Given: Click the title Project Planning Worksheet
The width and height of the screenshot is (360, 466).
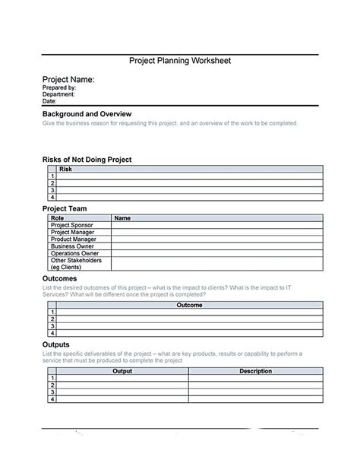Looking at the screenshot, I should (x=179, y=61).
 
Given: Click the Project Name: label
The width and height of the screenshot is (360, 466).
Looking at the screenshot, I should (x=68, y=79).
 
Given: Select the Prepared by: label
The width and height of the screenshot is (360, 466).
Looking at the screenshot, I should (x=59, y=87).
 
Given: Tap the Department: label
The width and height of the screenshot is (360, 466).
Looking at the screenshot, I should (x=58, y=94).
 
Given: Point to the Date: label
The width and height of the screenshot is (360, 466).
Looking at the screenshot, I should (x=49, y=101).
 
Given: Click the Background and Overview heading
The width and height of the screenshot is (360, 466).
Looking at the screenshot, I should (x=87, y=113).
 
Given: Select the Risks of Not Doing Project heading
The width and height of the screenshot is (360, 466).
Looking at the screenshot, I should (x=87, y=160).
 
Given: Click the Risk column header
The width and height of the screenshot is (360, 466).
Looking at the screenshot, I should (x=65, y=169).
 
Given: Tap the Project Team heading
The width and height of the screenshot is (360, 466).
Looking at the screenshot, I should (x=65, y=208).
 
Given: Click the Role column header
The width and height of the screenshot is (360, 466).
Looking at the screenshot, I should (x=57, y=218).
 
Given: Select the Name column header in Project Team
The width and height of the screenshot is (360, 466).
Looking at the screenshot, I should (x=122, y=218).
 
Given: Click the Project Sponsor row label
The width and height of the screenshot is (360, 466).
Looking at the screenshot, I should (x=71, y=225).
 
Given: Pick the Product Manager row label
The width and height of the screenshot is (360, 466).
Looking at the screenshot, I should (x=73, y=239).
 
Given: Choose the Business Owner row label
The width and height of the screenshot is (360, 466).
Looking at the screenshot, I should (x=72, y=246).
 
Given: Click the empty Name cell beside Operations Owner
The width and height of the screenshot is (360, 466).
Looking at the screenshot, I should (x=216, y=253).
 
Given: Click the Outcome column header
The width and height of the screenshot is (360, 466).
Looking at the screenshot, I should (x=189, y=305).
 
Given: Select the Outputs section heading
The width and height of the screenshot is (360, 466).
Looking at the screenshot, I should (x=56, y=344).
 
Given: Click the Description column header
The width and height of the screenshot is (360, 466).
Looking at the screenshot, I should (x=255, y=371).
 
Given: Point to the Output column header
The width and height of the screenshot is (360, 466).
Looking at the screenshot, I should (x=122, y=371).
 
